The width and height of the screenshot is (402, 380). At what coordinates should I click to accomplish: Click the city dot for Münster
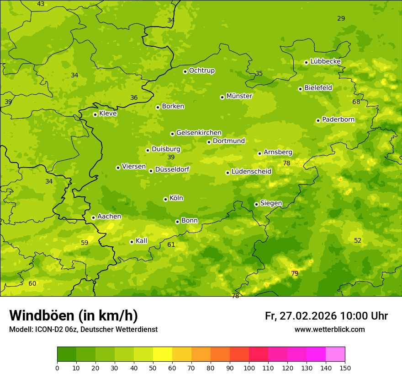[222, 97]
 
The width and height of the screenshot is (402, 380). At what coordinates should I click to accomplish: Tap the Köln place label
[176, 198]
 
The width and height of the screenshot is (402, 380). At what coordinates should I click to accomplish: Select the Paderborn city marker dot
[318, 120]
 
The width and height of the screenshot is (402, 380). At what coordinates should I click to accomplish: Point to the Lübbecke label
[325, 61]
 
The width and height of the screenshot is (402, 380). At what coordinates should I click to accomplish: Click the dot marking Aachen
[93, 217]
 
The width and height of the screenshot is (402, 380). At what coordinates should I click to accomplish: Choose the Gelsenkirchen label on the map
[199, 133]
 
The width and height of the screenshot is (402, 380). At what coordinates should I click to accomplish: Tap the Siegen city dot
[256, 204]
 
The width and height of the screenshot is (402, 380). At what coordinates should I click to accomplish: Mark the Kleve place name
[108, 114]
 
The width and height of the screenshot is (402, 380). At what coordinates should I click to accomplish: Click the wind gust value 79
[295, 273]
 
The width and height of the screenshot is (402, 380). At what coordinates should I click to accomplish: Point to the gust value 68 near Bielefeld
[356, 102]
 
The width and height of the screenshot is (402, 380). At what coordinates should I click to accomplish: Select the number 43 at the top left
[41, 4]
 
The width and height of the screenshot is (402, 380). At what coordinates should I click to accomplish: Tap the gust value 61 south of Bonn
[171, 244]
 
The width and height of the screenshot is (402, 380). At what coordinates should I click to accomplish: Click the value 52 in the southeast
[358, 240]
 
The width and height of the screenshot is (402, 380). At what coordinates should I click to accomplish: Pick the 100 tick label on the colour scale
[249, 368]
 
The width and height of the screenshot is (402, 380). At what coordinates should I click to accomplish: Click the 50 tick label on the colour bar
[153, 368]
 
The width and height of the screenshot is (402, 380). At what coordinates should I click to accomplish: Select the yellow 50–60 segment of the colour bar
[163, 354]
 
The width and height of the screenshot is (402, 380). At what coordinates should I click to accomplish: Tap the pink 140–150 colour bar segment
[335, 354]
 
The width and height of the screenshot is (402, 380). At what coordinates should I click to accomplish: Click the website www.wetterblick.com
[329, 330]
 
